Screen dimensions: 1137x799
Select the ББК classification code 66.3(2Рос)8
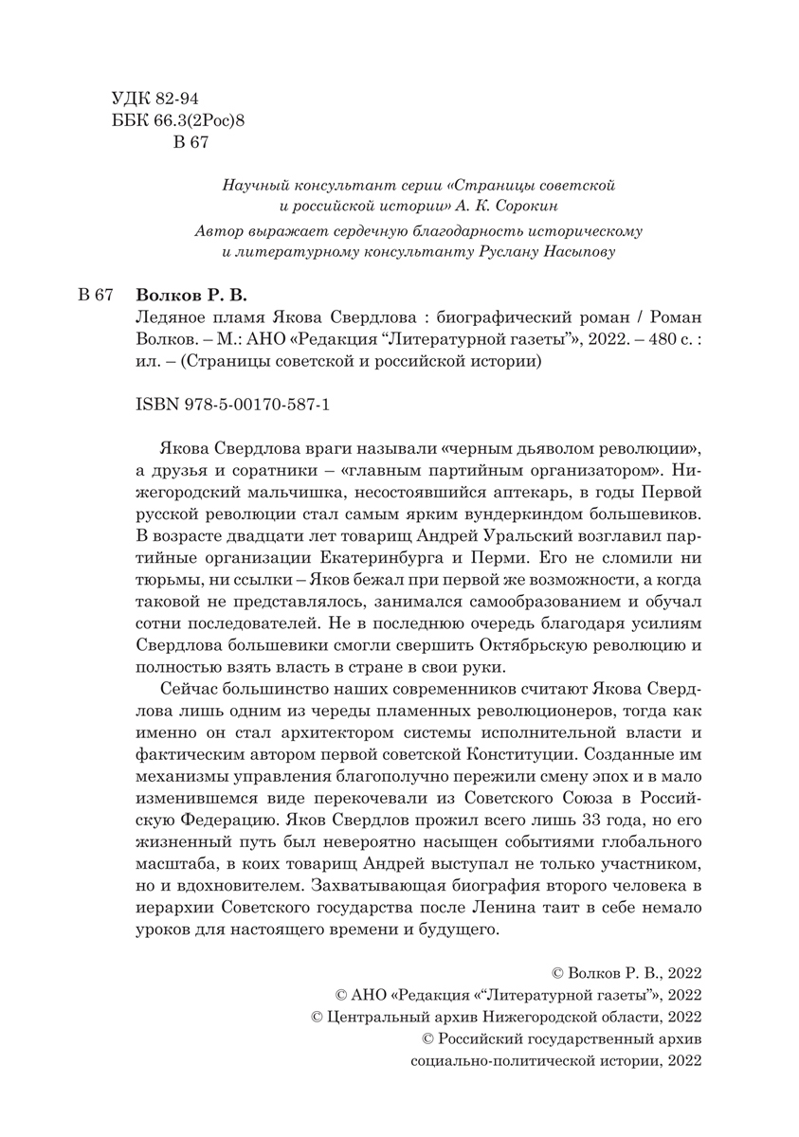[192, 120]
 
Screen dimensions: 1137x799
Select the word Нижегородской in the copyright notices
[537, 1017]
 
